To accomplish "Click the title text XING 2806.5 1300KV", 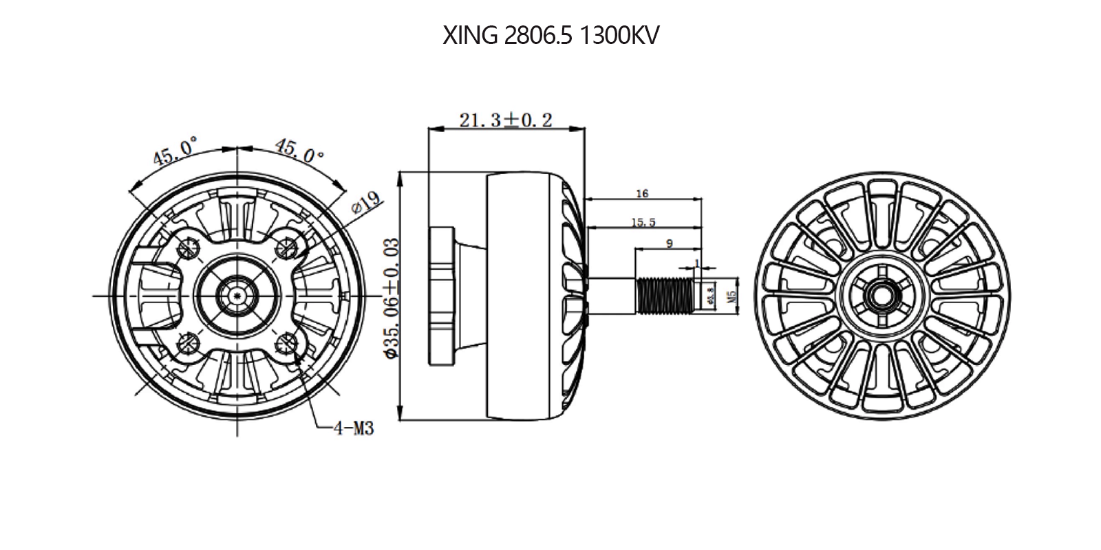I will [x=550, y=36].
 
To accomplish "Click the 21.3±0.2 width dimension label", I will [x=506, y=120].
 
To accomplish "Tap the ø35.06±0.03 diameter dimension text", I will [x=391, y=298].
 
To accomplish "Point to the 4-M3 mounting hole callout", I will [x=354, y=428].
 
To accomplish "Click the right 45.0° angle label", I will [x=299, y=151].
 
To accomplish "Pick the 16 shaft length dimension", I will [x=642, y=194].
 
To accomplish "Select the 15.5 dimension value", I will [x=643, y=222].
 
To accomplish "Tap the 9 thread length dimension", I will [x=670, y=243].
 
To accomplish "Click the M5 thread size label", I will [x=731, y=296].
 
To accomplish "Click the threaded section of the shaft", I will [x=663, y=295].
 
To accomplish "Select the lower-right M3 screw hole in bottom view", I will [x=284, y=342].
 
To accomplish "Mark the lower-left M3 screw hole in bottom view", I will [x=189, y=342].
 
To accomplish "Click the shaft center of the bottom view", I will [x=237, y=296].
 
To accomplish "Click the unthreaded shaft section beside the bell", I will [x=611, y=295].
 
